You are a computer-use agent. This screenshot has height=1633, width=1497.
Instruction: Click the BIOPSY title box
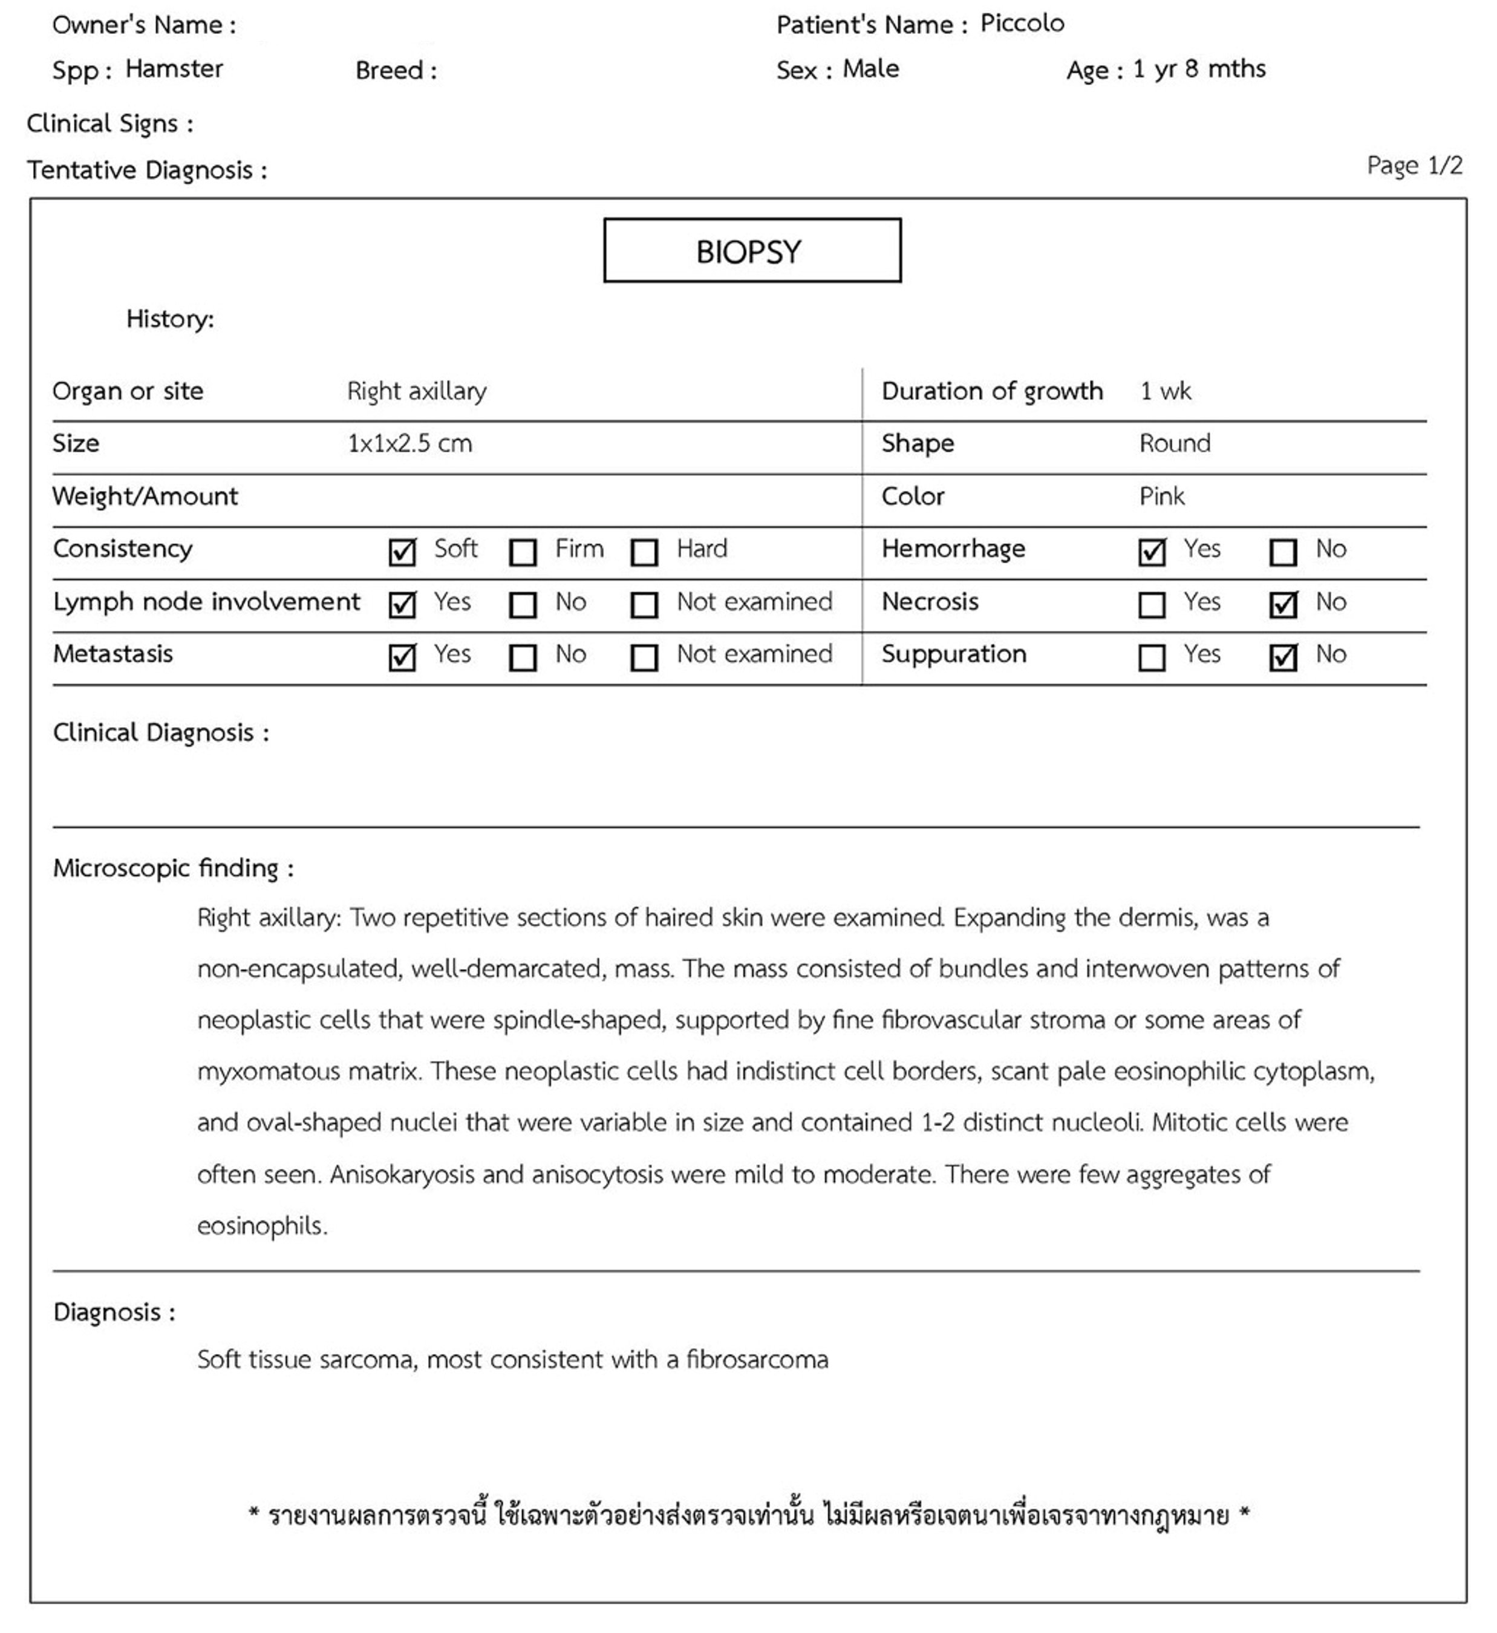coord(752,251)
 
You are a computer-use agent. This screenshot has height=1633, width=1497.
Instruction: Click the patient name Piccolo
coord(1022,24)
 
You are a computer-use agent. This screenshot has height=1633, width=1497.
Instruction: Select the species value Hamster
coord(174,69)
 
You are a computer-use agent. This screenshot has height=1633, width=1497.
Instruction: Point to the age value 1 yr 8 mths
coord(1199,69)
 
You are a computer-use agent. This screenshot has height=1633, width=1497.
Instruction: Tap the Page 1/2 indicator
coord(1414,165)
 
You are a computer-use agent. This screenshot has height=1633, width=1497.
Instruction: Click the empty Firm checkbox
coord(523,552)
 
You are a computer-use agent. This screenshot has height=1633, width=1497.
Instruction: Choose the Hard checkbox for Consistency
coord(644,552)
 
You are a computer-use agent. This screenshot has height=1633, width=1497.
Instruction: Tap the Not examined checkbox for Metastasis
coord(644,657)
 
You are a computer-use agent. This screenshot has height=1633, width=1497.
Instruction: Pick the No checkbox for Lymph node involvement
coord(523,604)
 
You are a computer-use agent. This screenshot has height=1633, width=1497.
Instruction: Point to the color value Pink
coord(1162,497)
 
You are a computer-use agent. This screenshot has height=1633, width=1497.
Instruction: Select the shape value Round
coord(1175,444)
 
